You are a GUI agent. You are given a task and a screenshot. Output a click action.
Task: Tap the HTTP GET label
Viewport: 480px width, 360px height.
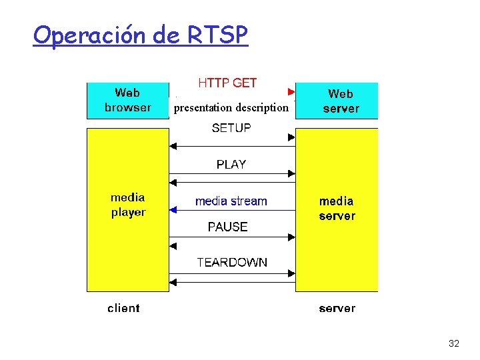pyautogui.click(x=227, y=83)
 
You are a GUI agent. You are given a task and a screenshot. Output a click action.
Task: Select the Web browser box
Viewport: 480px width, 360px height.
pyautogui.click(x=128, y=100)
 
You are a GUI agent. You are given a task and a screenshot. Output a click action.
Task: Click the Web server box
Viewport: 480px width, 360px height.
pyautogui.click(x=337, y=101)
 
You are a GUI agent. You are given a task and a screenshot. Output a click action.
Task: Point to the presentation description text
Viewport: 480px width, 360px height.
pyautogui.click(x=231, y=107)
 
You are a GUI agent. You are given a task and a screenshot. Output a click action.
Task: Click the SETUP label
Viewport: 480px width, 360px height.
pyautogui.click(x=231, y=128)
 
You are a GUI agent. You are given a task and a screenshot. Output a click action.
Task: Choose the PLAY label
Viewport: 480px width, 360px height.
pyautogui.click(x=231, y=164)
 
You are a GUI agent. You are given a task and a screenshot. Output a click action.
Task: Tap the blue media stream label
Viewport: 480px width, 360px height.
pyautogui.click(x=231, y=201)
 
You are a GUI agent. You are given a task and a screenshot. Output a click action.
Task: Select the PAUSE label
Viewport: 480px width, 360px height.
pyautogui.click(x=228, y=227)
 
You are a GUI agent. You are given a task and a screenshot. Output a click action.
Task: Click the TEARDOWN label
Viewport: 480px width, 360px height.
pyautogui.click(x=232, y=262)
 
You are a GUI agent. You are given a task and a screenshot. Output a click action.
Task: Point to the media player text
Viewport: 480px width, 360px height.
pyautogui.click(x=128, y=205)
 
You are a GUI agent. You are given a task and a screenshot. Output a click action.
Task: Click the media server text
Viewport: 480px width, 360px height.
pyautogui.click(x=337, y=208)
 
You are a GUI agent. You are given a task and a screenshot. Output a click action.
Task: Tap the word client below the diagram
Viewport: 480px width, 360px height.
pyautogui.click(x=124, y=308)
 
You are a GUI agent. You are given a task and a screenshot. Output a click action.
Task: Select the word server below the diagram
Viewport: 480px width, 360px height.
pyautogui.click(x=337, y=308)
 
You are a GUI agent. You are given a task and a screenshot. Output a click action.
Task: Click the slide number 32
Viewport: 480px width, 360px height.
pyautogui.click(x=454, y=343)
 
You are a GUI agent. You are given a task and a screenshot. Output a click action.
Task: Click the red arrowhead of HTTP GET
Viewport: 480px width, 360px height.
pyautogui.click(x=291, y=91)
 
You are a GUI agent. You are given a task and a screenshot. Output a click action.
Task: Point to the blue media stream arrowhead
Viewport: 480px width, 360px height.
pyautogui.click(x=173, y=210)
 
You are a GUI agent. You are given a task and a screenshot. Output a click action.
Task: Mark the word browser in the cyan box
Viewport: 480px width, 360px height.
pyautogui.click(x=128, y=107)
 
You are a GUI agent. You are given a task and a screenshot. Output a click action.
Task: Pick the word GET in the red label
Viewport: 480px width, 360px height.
pyautogui.click(x=245, y=83)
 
